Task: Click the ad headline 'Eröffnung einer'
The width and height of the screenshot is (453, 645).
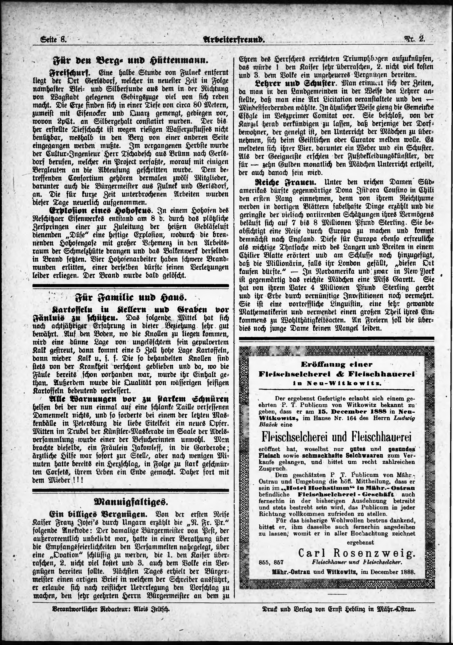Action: (x=336, y=364)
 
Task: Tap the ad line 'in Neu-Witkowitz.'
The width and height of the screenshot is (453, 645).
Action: (x=336, y=383)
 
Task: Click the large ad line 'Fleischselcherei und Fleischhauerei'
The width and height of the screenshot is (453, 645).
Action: (x=336, y=437)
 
